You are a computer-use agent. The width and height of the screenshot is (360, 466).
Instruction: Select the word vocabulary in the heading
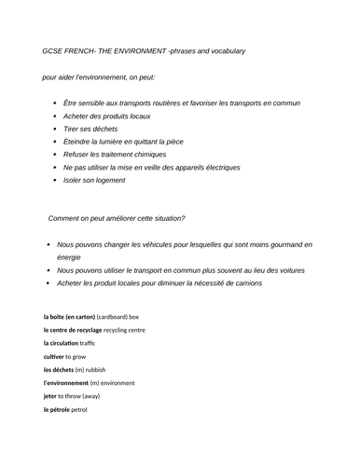point(225,50)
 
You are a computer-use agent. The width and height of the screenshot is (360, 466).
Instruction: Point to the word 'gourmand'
point(285,244)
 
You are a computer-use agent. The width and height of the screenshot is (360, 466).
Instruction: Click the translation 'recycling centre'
point(124,330)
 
